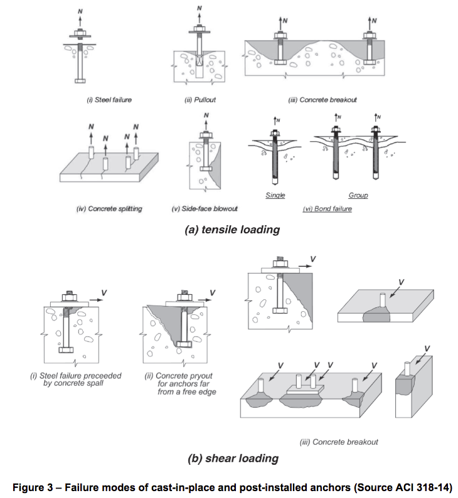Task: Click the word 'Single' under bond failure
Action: (x=275, y=196)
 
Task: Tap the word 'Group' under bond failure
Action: (x=358, y=196)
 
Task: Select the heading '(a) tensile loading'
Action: (x=232, y=230)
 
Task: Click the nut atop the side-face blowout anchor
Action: (x=206, y=135)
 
